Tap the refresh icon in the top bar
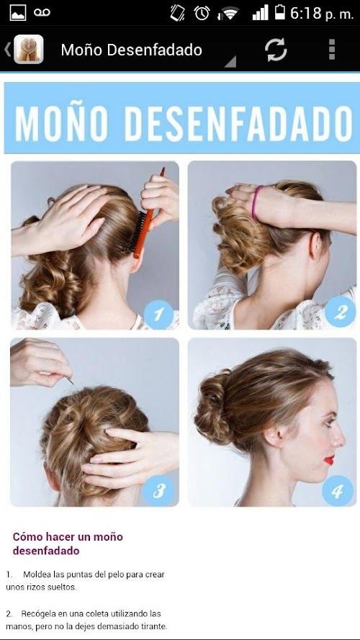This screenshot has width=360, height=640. (276, 50)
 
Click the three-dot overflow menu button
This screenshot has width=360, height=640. (332, 50)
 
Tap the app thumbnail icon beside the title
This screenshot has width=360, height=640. (29, 50)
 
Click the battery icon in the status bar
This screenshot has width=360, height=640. (280, 12)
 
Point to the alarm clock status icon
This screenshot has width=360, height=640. (202, 13)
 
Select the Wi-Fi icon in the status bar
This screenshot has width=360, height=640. (229, 13)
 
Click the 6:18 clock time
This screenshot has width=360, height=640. (306, 13)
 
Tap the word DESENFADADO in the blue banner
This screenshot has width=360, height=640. (238, 124)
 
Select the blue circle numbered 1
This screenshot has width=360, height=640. (159, 315)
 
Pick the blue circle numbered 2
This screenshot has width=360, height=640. (340, 312)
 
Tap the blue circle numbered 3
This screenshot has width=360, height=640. (158, 490)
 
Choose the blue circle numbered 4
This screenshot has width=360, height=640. (338, 490)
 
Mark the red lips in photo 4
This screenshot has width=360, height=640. (329, 460)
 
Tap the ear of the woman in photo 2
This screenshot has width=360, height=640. (315, 247)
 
